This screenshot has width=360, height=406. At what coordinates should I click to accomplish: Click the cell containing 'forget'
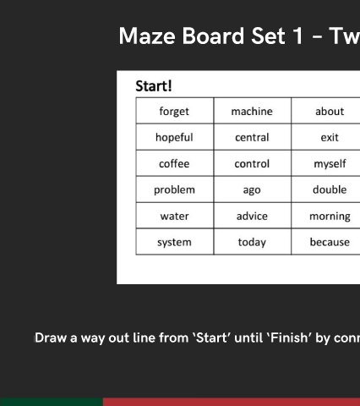(175, 111)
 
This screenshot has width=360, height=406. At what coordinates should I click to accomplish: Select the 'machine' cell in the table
(253, 111)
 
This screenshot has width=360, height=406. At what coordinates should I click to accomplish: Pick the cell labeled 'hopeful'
(175, 137)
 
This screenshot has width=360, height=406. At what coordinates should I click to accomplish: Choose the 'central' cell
(253, 137)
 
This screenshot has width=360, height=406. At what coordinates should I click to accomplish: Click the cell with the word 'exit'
(326, 137)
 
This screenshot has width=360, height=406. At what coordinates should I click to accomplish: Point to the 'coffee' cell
(175, 163)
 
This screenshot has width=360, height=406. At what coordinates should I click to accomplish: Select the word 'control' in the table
(253, 163)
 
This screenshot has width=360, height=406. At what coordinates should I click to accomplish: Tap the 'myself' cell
(326, 163)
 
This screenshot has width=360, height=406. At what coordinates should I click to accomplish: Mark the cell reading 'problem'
(175, 189)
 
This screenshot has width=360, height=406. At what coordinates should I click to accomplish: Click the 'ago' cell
(253, 189)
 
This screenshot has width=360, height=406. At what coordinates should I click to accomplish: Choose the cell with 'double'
(326, 189)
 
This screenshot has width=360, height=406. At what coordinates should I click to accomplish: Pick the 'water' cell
(175, 216)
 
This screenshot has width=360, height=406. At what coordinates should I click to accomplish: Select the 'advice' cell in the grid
(253, 216)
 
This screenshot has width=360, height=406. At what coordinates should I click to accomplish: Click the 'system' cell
(175, 242)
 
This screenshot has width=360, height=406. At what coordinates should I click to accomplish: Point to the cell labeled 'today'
(253, 242)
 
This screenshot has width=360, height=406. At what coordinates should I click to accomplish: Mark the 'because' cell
(326, 242)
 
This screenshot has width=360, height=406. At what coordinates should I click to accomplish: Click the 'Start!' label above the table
(154, 86)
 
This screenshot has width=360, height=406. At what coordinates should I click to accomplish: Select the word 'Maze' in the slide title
(147, 36)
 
